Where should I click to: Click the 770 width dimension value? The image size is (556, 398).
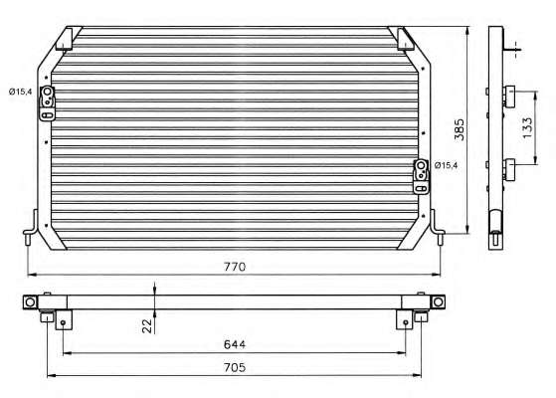coord(235,267)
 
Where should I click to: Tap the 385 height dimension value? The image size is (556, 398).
coord(460,129)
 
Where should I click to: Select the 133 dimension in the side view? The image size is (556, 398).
coord(527,127)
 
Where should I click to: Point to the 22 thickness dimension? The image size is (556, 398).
coord(147,325)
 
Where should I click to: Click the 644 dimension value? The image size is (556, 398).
coord(235,344)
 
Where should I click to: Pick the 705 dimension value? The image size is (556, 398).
coord(235,367)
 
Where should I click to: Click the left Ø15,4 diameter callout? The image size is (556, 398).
coord(21,92)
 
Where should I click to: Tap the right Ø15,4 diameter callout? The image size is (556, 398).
coord(446,165)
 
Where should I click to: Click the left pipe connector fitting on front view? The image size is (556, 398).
coord(47,103)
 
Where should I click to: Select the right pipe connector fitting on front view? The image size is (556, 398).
coord(421,177)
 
